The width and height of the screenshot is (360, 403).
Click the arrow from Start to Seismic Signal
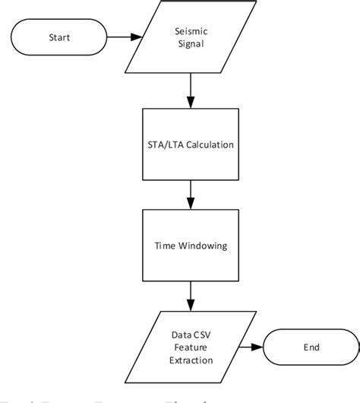124,36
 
